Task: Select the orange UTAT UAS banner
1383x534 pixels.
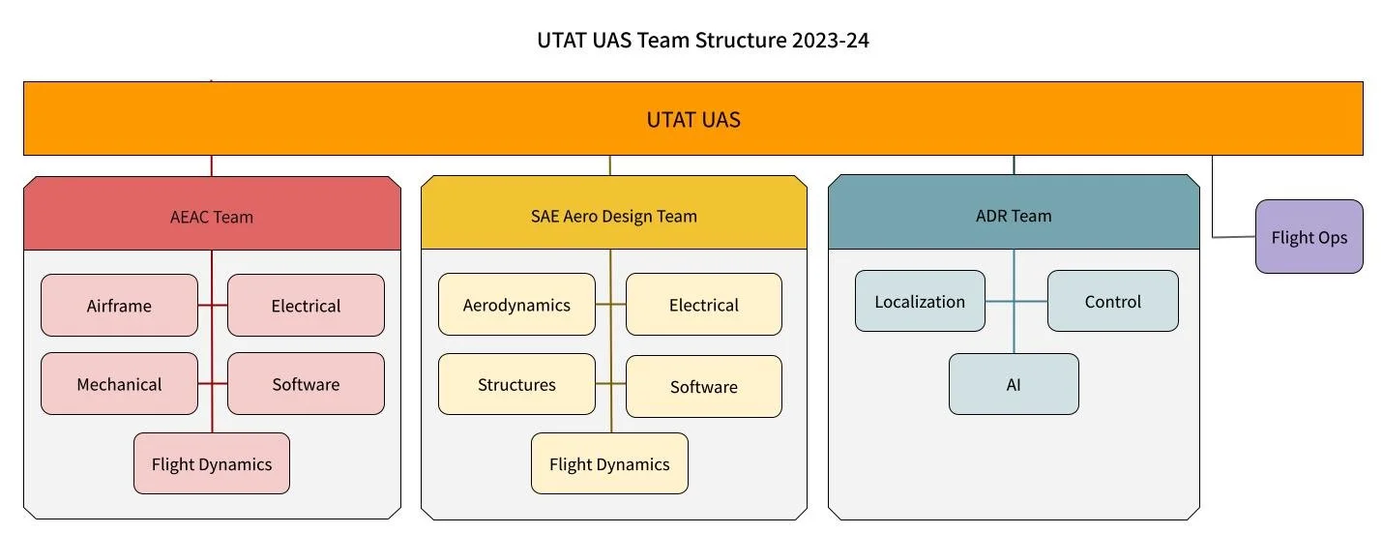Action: (x=692, y=119)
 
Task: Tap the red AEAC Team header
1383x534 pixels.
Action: (x=212, y=216)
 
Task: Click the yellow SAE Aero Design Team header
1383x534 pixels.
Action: (x=613, y=216)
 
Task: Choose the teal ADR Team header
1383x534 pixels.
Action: (x=1013, y=215)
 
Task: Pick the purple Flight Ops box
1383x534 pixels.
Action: (x=1309, y=237)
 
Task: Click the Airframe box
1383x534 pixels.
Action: (x=119, y=306)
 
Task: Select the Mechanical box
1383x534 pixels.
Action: (x=119, y=384)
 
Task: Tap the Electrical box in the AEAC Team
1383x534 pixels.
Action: (x=306, y=306)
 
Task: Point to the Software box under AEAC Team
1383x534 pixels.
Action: (x=306, y=384)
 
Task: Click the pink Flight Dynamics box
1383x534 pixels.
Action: (x=211, y=463)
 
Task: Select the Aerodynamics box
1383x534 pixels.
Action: (x=516, y=305)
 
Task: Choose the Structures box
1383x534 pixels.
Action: (x=516, y=384)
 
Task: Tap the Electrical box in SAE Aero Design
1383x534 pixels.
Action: (x=703, y=305)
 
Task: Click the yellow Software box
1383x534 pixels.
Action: (x=703, y=386)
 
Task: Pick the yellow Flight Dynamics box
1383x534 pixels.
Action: (x=609, y=463)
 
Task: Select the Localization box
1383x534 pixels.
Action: (x=920, y=301)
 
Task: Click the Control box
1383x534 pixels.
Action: (x=1112, y=301)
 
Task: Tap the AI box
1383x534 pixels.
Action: (x=1013, y=384)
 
